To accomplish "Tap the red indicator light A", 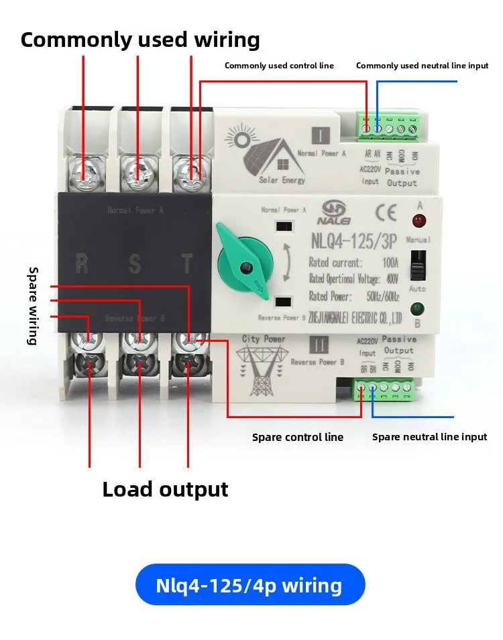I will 419,221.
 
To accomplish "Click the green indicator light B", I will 418,309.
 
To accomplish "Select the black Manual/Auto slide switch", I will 419,265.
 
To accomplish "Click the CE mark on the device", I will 388,214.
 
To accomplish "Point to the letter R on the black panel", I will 82,263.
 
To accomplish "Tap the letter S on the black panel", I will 135,263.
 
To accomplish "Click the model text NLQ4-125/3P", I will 352,240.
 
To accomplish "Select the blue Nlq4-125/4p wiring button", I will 249,585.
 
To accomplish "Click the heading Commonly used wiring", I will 140,40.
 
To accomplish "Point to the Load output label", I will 165,489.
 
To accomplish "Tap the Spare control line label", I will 297,438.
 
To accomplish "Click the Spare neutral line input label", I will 429,437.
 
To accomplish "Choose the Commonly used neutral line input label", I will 422,66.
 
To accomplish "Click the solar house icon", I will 266,155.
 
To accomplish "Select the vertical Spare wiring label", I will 32,306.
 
